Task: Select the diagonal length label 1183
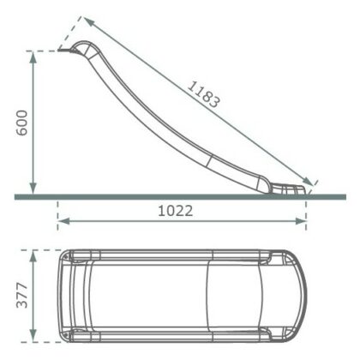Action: pyautogui.click(x=203, y=88)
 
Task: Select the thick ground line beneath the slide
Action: pyautogui.click(x=171, y=197)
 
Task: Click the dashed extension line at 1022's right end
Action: pyautogui.click(x=307, y=211)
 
